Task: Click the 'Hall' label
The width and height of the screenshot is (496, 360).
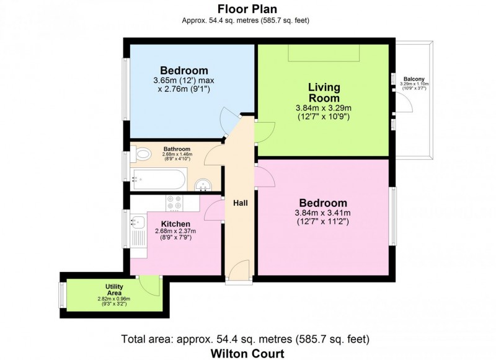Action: click(x=241, y=203)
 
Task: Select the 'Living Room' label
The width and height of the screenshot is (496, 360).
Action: click(x=324, y=93)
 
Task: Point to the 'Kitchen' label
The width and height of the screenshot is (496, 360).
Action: click(x=175, y=224)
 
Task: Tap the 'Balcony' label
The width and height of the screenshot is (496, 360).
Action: click(x=414, y=79)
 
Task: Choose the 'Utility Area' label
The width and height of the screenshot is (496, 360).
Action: click(x=115, y=289)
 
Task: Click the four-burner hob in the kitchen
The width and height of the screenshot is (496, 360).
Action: click(x=173, y=202)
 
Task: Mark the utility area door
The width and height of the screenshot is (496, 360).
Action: click(x=149, y=284)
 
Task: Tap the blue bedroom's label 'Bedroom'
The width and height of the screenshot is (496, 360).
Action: click(x=184, y=70)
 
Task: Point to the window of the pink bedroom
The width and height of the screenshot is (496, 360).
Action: click(x=392, y=216)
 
